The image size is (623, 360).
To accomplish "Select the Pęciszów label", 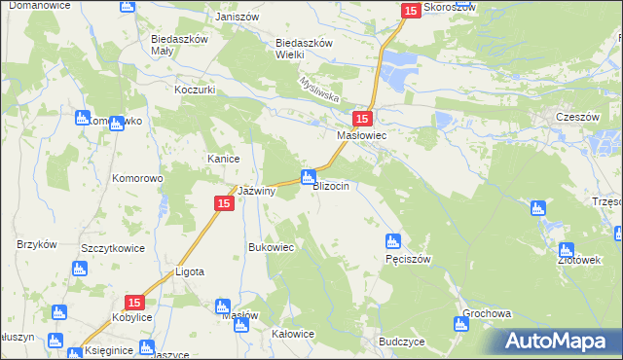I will click(x=408, y=259).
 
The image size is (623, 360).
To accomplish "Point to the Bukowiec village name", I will click(x=272, y=247).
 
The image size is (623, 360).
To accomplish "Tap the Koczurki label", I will click(x=195, y=89).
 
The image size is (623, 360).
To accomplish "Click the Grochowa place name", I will click(x=488, y=314).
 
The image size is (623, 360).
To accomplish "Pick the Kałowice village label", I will click(x=293, y=334).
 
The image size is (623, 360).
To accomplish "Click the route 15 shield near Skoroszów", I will click(x=410, y=10).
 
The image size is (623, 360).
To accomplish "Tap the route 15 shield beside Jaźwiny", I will click(x=223, y=203).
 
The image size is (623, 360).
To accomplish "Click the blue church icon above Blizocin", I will click(x=308, y=176).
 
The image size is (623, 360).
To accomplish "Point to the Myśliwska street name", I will click(x=318, y=91).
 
